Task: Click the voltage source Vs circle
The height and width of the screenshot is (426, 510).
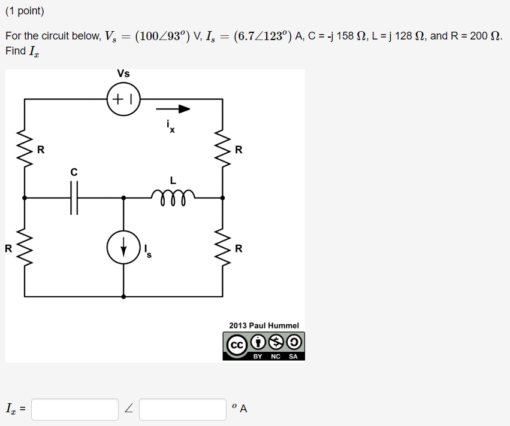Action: (123, 99)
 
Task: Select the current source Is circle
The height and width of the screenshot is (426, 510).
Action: (123, 248)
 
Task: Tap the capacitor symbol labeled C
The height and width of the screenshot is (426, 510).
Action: (74, 197)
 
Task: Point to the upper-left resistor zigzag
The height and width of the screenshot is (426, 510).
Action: (25, 150)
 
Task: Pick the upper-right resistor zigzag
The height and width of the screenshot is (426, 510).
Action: (223, 150)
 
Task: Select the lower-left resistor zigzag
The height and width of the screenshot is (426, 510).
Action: (25, 248)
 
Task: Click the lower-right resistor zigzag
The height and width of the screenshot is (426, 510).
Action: (223, 248)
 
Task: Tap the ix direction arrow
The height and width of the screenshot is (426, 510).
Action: (173, 109)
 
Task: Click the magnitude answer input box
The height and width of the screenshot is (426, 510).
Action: (75, 409)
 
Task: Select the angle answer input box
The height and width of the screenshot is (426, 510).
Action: (183, 409)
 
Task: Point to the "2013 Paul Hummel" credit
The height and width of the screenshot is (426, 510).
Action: (264, 325)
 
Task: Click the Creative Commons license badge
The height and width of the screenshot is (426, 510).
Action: (264, 346)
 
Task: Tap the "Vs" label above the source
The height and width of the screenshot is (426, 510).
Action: (123, 74)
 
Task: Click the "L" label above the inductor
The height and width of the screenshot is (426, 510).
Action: (173, 179)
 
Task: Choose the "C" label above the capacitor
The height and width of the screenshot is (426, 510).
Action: (74, 172)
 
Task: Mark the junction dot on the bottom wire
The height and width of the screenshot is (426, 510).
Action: (123, 296)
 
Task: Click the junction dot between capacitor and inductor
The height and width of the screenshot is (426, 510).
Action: (123, 197)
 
